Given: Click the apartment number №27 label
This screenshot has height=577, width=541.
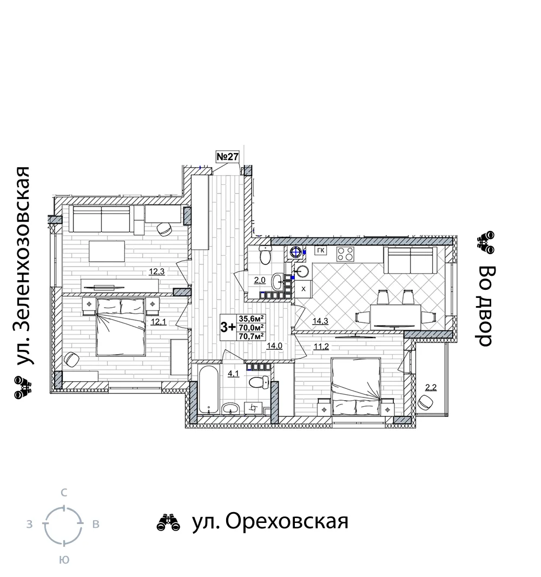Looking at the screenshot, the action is (x=228, y=156).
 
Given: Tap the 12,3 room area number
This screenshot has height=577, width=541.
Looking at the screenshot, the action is (x=156, y=272).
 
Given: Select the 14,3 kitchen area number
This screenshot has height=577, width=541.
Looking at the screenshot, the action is (x=320, y=321).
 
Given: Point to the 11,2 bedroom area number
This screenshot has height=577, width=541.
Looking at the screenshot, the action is (x=321, y=346).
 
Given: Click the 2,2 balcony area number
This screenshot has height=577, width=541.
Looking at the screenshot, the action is (x=431, y=387).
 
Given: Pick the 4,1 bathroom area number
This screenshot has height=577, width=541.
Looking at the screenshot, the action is (x=233, y=374).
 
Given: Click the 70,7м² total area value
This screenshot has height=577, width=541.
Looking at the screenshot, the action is (x=252, y=336).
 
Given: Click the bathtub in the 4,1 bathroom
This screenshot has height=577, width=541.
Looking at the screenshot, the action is (x=209, y=389).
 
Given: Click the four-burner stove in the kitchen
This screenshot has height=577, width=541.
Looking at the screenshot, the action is (x=346, y=254).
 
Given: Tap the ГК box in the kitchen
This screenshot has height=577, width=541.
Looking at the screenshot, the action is (x=321, y=250).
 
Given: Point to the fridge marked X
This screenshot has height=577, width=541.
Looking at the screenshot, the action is (x=304, y=289).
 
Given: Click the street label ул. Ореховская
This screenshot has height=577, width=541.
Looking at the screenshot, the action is (x=270, y=521).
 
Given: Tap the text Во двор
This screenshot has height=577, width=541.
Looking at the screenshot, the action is (x=486, y=306).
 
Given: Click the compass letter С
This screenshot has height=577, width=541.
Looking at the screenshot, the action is (x=64, y=493).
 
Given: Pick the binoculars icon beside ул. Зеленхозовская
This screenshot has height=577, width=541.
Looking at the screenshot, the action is (x=23, y=388).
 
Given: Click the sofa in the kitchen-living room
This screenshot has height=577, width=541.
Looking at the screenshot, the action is (x=408, y=260).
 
